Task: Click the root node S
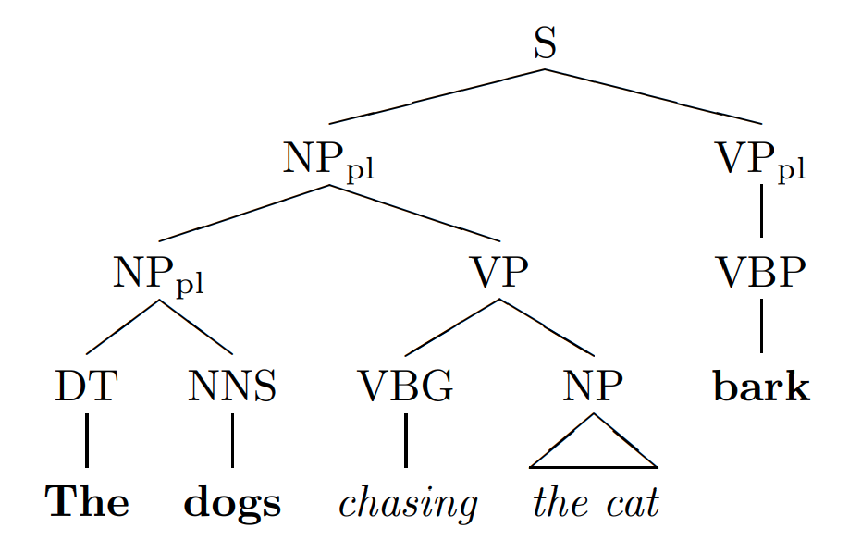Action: coord(546,43)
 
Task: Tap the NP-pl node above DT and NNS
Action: coord(158,274)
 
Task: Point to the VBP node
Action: coord(761,274)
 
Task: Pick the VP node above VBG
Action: coord(499,274)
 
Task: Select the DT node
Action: coord(86,387)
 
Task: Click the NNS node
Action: coord(232,387)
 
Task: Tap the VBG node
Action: coord(406,387)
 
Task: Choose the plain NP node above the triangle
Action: coord(593,387)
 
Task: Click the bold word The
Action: coord(88,502)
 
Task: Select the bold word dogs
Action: coord(232,502)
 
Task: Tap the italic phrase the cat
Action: coord(596,502)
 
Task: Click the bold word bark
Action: coord(761,387)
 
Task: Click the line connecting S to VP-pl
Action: coord(652,95)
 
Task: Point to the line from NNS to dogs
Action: coord(232,440)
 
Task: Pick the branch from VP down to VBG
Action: coord(452,326)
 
